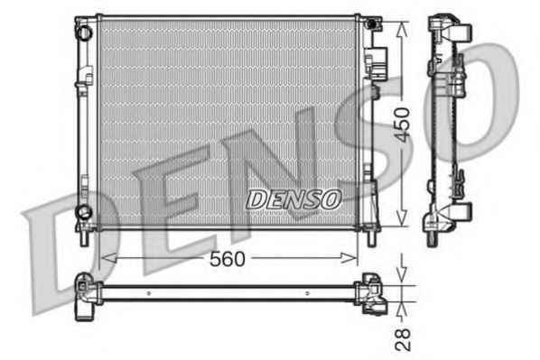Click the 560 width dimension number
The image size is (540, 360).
(x=228, y=259)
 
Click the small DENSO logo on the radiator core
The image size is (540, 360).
(x=293, y=197)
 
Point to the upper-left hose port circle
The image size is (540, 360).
(x=84, y=32)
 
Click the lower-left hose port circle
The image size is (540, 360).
(x=84, y=212)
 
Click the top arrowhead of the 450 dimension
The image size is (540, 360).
(x=403, y=22)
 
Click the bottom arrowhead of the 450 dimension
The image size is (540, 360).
(x=403, y=221)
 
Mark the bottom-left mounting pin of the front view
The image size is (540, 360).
(x=84, y=236)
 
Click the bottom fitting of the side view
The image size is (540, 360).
(x=450, y=217)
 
